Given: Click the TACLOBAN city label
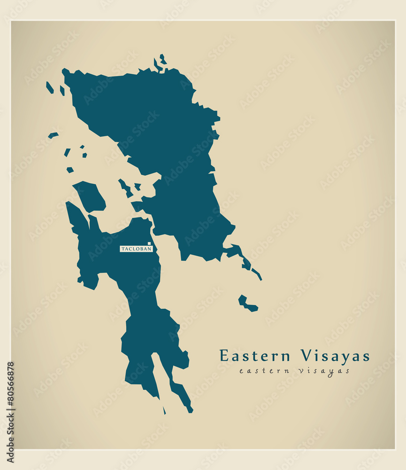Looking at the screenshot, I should tap(137, 249).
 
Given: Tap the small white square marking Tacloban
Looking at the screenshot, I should tap(149, 243).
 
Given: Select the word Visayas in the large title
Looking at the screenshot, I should tap(335, 356).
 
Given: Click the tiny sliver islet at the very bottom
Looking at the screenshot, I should tap(164, 410).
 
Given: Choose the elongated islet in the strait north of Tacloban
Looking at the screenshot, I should tap(125, 188).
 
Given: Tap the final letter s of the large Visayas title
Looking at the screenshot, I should tap(366, 356).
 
